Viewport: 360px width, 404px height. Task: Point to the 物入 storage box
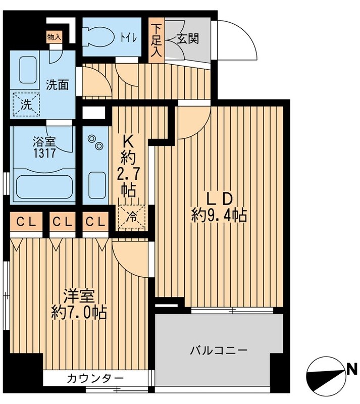click(x=54, y=37)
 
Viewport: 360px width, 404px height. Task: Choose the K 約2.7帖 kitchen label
click(x=127, y=164)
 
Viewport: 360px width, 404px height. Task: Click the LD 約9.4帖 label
click(x=218, y=207)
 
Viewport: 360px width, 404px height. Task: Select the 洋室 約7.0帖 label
click(x=78, y=305)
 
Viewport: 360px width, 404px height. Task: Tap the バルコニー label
click(x=218, y=349)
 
